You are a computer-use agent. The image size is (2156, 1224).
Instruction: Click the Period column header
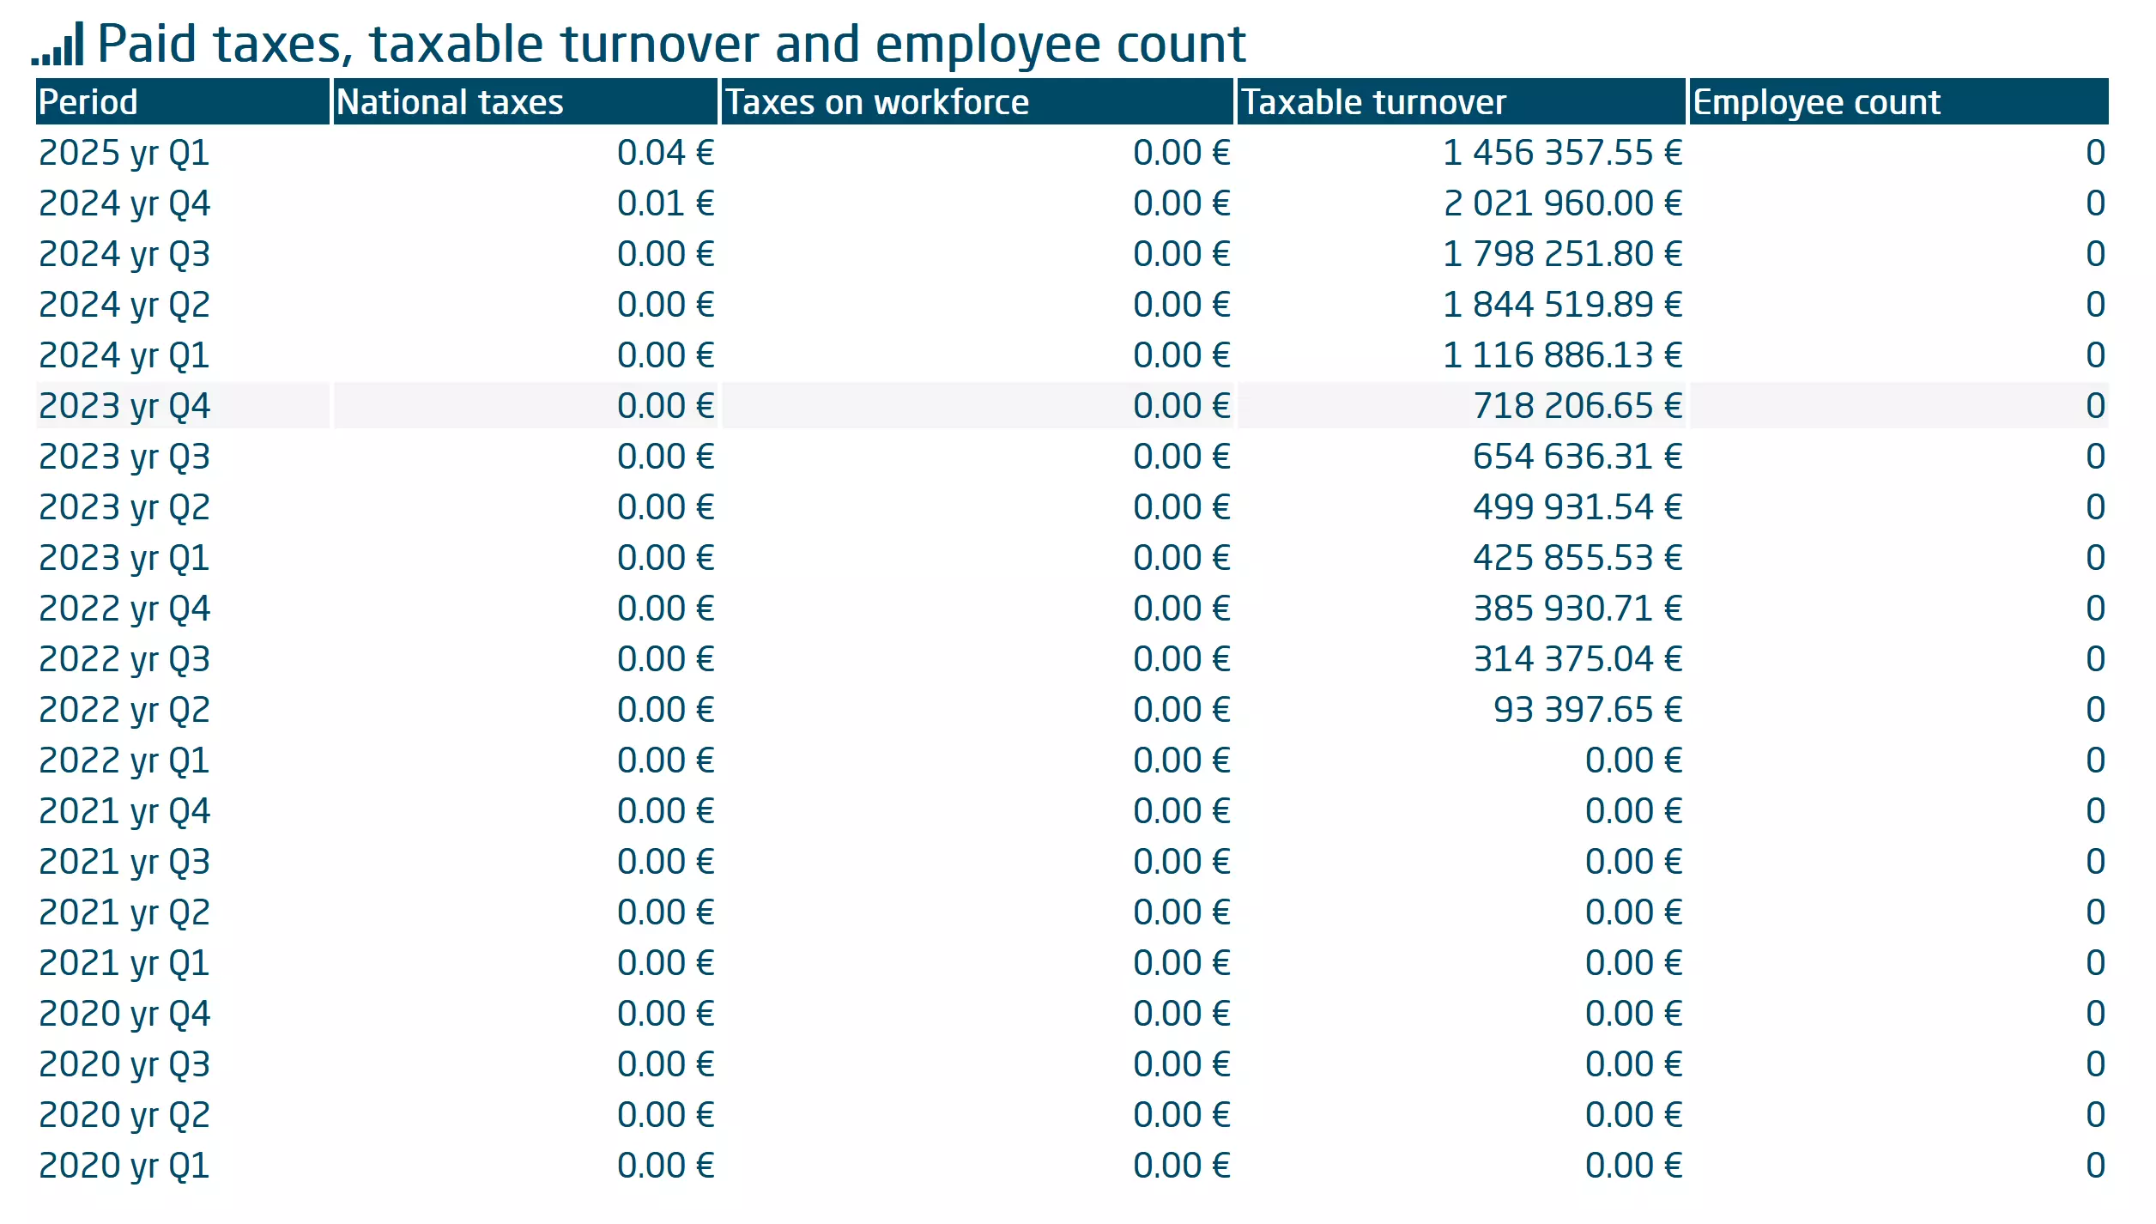tap(88, 102)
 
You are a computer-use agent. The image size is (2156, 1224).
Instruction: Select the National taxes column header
tap(450, 102)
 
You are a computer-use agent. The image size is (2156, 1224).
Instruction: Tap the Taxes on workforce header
tap(877, 102)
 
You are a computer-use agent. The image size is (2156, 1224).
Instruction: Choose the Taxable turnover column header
tap(1373, 102)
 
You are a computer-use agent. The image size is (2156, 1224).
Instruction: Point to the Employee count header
tap(1816, 102)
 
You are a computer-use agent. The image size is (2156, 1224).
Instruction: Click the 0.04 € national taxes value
tap(665, 153)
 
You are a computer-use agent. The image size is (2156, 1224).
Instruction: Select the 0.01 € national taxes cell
tap(665, 203)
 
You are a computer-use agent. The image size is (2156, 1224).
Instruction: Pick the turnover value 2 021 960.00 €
tap(1562, 203)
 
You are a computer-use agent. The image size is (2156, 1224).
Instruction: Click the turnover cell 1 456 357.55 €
tap(1562, 153)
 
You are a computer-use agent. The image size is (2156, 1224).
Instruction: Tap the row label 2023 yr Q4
tap(124, 406)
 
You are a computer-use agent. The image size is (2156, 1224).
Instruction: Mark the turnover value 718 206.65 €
tap(1578, 406)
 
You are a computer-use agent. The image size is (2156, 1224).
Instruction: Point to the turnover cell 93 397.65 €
tap(1588, 710)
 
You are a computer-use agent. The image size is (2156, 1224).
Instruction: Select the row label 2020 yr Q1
tap(124, 1166)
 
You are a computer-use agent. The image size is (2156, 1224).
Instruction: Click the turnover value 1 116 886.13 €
tap(1562, 355)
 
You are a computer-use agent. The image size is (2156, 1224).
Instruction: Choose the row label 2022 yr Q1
tap(124, 760)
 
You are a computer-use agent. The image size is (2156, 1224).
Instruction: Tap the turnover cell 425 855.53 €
tap(1578, 558)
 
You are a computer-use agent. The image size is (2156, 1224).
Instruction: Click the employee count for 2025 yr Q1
tap(2095, 153)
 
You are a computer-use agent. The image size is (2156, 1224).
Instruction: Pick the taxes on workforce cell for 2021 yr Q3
tap(1181, 862)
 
